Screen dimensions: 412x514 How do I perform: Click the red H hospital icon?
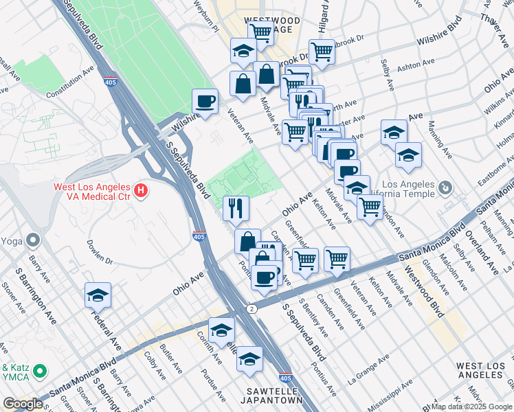[x=141, y=189]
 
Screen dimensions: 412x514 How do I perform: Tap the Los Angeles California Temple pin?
[x=445, y=187]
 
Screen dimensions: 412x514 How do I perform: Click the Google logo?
[x=23, y=404]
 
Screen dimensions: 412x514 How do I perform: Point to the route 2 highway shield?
[x=253, y=310]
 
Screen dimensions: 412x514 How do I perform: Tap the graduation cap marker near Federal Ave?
[x=98, y=296]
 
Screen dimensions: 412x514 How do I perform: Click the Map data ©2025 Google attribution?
[x=471, y=407]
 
